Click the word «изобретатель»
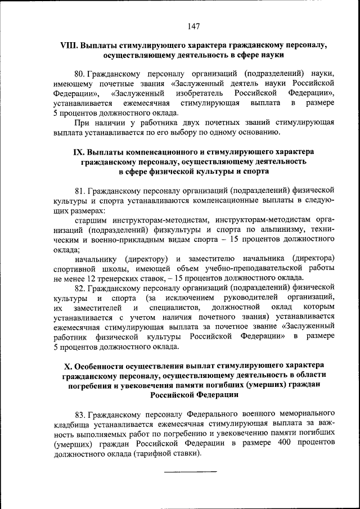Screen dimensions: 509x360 (200, 93)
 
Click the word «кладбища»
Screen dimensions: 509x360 (73, 423)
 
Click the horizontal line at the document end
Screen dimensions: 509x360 (190, 471)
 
